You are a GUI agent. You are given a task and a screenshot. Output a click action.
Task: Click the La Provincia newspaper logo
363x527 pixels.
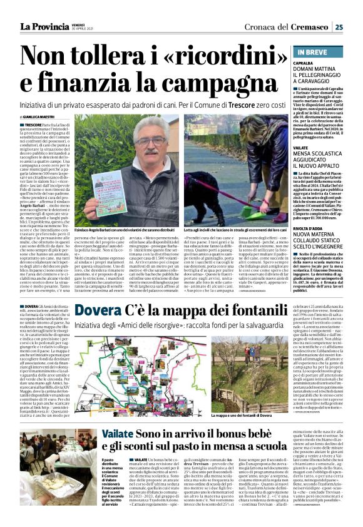45,26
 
